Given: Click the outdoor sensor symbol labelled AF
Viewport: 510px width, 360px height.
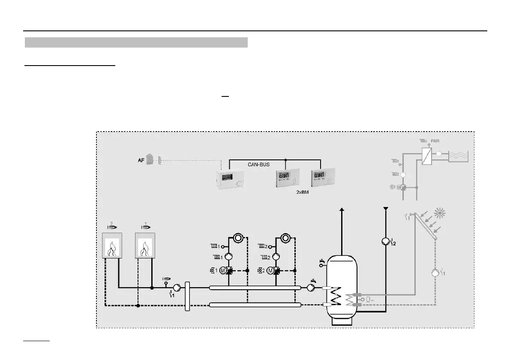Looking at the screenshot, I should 150,159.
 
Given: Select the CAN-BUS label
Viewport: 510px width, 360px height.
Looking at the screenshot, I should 258,164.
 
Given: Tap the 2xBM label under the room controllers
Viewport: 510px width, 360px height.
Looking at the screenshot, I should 303,192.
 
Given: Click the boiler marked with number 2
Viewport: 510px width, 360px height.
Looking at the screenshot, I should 112,246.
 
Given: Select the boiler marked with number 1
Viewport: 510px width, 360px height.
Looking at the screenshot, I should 145,246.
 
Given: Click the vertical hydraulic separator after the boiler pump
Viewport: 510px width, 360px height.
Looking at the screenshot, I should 187,296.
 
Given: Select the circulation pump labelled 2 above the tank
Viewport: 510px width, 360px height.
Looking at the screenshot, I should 385,242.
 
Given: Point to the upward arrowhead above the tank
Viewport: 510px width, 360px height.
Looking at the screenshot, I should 342,210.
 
